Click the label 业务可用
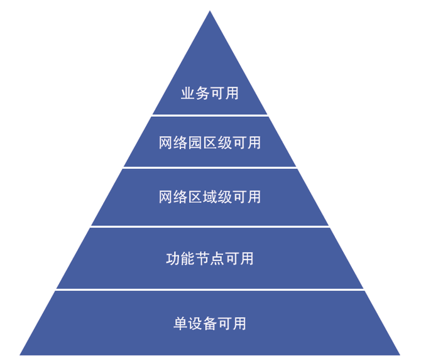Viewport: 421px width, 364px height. click(210, 93)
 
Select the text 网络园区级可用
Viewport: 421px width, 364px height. click(210, 143)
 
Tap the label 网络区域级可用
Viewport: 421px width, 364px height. click(210, 197)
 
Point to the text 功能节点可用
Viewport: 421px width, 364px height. click(210, 258)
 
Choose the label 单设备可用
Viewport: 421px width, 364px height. click(210, 324)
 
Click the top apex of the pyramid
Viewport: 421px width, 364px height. click(210, 11)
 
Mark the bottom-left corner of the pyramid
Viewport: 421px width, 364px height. click(20, 355)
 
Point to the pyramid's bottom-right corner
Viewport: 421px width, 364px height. click(400, 355)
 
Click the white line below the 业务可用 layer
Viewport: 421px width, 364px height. click(210, 115)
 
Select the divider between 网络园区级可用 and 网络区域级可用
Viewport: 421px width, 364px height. click(210, 167)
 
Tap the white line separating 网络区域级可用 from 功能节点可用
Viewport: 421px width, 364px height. click(210, 226)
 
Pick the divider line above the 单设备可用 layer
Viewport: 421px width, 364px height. click(210, 290)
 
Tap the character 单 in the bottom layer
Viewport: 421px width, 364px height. click(181, 324)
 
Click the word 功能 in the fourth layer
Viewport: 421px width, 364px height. click(180, 258)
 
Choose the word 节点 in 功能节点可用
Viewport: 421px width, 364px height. click(210, 258)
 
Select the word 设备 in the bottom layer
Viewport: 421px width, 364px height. click(202, 324)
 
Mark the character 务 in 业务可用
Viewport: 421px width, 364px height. click(202, 93)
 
